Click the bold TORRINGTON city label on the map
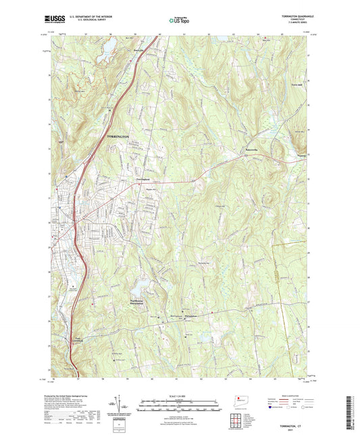click(x=118, y=136)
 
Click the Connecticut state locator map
click(x=240, y=399)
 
